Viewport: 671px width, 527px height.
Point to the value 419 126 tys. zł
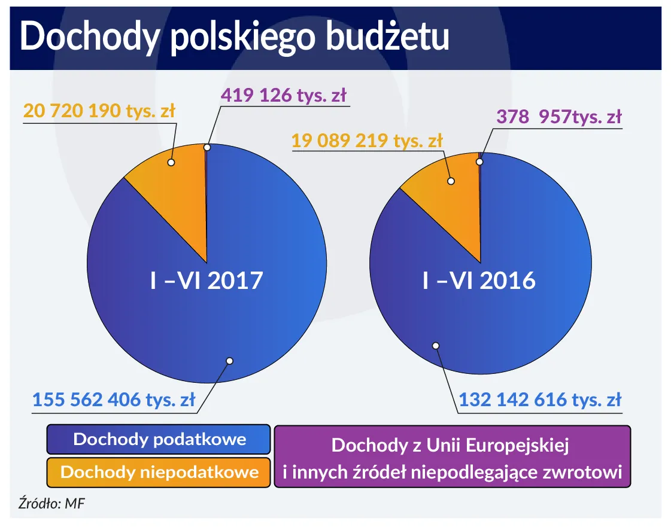[284, 95]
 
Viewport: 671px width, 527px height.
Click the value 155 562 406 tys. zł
[114, 400]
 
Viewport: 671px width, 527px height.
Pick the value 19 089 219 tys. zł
[367, 141]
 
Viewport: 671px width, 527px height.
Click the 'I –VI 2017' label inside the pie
[206, 280]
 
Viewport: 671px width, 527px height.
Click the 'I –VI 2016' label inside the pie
[479, 280]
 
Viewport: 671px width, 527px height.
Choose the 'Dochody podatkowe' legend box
[159, 440]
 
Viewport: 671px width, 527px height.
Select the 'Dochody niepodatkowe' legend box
[159, 472]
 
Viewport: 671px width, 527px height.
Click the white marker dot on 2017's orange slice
[171, 162]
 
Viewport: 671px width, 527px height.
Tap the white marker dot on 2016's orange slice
[451, 181]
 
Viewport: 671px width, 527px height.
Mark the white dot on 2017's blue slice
[229, 361]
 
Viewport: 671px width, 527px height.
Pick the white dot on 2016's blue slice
[436, 345]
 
